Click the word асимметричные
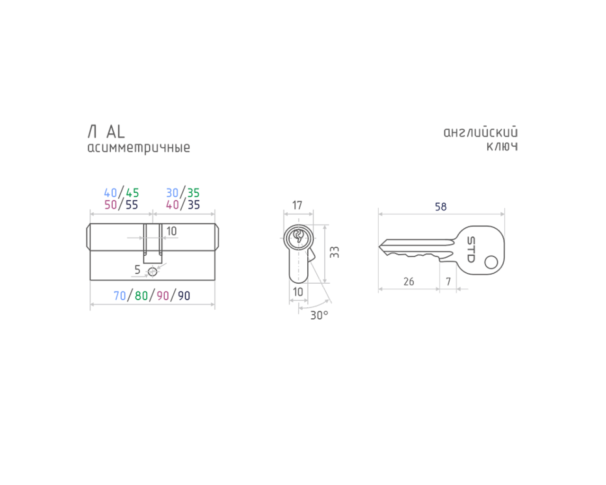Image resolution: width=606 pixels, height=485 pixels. coord(139,148)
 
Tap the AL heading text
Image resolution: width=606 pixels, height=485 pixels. coord(116,132)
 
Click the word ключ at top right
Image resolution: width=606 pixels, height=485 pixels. coord(502,146)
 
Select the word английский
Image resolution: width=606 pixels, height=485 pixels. coord(481,132)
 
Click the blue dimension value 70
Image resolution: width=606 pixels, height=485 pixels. coord(120,296)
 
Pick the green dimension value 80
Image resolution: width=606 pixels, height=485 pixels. coord(142,296)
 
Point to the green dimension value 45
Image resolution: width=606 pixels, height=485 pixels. coord(133,193)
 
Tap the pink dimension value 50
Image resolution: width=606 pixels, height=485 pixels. coord(111,205)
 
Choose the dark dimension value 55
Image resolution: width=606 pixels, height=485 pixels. coord(132,205)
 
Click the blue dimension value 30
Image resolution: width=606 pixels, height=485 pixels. coord(172,193)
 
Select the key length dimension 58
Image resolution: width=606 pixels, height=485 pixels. coord(441,207)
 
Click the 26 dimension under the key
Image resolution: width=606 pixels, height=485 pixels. coord(409,281)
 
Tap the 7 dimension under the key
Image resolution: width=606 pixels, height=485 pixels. coord(448,281)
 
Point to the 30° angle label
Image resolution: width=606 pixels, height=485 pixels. coord(319,315)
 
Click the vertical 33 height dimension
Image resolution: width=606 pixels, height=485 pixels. coord(335,252)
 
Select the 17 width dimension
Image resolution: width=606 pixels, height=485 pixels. coord(297,206)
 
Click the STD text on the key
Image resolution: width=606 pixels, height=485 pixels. coord(471,250)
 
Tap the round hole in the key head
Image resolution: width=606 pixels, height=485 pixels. coord(491,262)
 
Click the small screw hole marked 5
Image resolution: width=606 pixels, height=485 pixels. coord(152,272)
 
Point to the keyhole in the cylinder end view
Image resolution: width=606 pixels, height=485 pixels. coord(298,236)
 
